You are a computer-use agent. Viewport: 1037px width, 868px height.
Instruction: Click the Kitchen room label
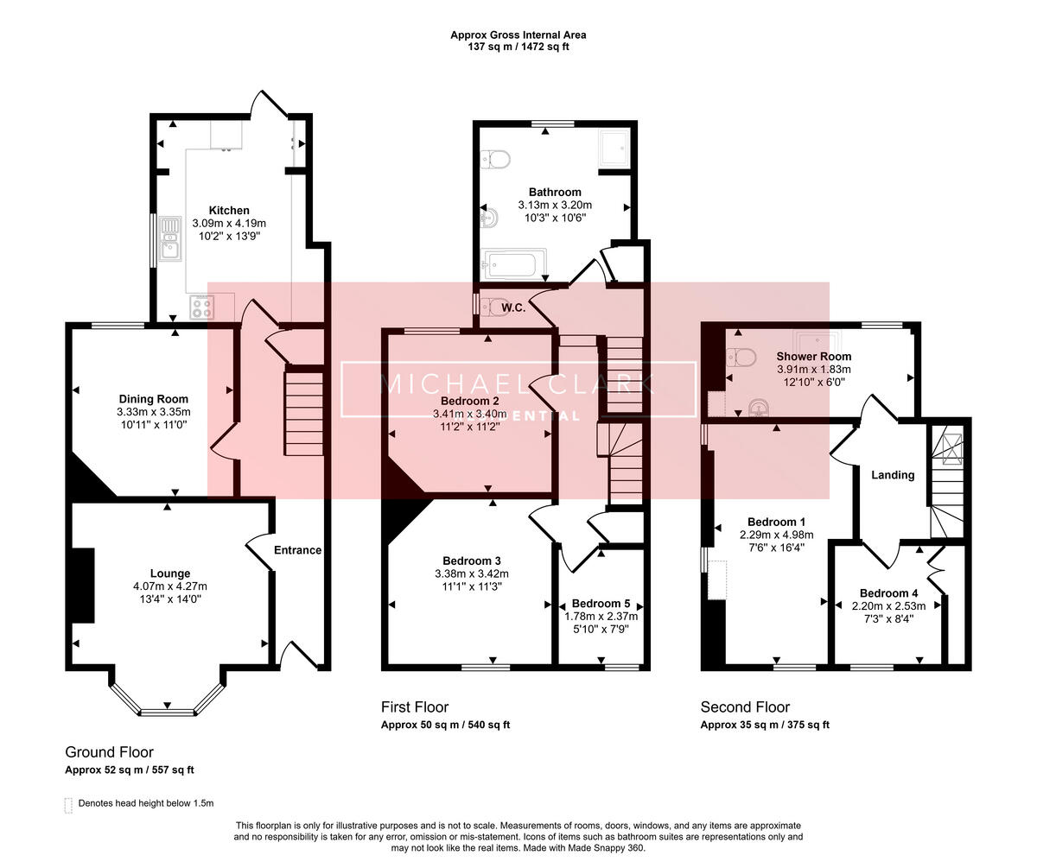[x=229, y=210]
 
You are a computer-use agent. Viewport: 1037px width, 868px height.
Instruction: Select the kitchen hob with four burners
[x=202, y=307]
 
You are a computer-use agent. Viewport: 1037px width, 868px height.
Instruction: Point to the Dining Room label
[x=154, y=399]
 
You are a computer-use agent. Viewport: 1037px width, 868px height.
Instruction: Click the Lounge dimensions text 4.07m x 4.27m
[x=170, y=586]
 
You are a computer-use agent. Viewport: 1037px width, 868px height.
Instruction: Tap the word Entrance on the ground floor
[x=297, y=550]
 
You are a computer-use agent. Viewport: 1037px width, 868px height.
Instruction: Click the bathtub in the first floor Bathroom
[x=514, y=263]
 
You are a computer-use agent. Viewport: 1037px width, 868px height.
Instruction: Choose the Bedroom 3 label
[x=471, y=561]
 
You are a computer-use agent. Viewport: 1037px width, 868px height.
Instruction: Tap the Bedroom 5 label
[x=601, y=603]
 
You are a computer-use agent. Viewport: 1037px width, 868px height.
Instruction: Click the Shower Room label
[x=813, y=356]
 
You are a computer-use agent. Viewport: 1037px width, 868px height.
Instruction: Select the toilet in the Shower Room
[x=741, y=356]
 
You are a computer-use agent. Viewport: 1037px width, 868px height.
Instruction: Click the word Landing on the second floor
[x=893, y=475]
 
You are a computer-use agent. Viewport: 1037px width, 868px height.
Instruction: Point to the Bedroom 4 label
[x=888, y=593]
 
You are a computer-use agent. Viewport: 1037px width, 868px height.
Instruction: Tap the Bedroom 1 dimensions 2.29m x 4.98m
[x=776, y=535]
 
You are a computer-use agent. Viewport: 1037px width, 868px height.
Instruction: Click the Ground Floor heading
[x=110, y=752]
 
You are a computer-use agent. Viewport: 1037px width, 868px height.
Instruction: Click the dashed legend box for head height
[x=69, y=804]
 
